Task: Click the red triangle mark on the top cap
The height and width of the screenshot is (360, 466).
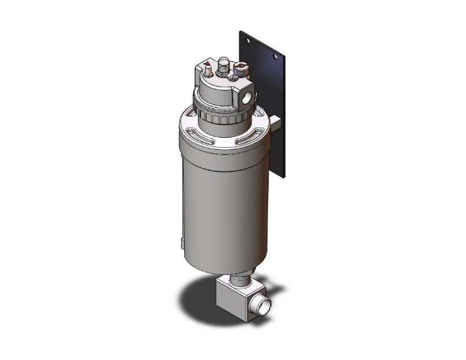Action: pos(207,64)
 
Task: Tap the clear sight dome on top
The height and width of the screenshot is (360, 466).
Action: pos(223,63)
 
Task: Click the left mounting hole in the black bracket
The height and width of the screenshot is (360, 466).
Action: pos(249,39)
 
